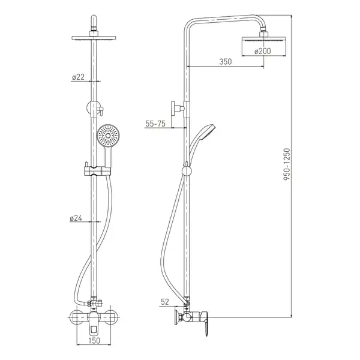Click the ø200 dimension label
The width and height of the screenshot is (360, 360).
263,51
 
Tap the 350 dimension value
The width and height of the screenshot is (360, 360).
226,62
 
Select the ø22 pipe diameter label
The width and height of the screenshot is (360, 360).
78,77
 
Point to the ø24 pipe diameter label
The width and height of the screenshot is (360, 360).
76,218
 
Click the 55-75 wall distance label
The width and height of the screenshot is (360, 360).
155,124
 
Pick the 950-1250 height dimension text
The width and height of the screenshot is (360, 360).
287,164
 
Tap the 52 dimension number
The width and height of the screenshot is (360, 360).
165,302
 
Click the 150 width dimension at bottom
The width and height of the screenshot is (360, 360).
94,340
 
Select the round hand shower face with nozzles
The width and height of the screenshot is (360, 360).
107,136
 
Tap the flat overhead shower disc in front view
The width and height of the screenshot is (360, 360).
94,38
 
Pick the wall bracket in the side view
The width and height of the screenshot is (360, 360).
178,108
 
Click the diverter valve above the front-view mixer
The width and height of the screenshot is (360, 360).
94,303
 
